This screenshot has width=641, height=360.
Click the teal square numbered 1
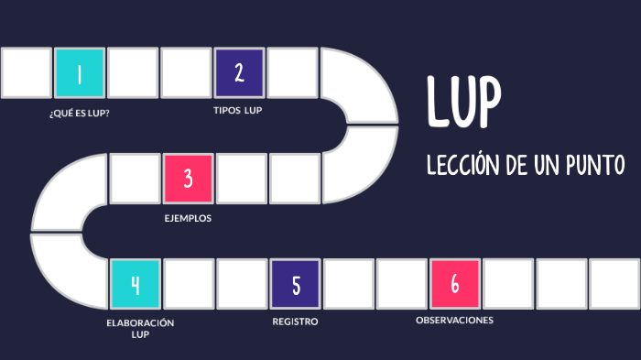[79, 73]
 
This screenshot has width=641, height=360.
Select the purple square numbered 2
[239, 73]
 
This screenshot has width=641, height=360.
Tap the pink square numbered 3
[188, 178]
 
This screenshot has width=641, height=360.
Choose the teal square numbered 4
[135, 284]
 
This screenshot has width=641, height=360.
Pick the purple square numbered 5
[295, 284]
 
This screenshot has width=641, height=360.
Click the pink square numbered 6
[454, 284]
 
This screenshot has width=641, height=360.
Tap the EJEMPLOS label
[188, 218]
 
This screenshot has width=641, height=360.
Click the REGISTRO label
[295, 322]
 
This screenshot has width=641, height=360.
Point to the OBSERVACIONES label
[454, 320]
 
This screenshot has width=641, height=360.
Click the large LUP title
[463, 103]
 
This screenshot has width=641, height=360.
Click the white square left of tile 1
[26, 73]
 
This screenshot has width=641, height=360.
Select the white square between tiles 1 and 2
[133, 73]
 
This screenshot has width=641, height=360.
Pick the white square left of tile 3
[135, 178]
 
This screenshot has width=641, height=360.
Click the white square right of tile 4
[188, 284]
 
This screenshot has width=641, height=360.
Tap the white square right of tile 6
[507, 284]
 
